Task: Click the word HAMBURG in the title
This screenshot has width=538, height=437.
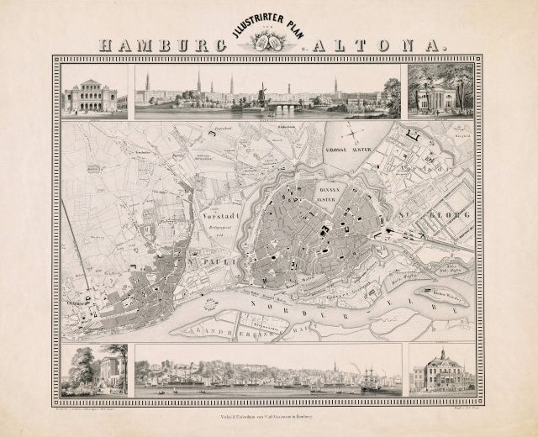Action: click(160, 45)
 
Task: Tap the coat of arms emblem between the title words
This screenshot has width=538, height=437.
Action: click(270, 42)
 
